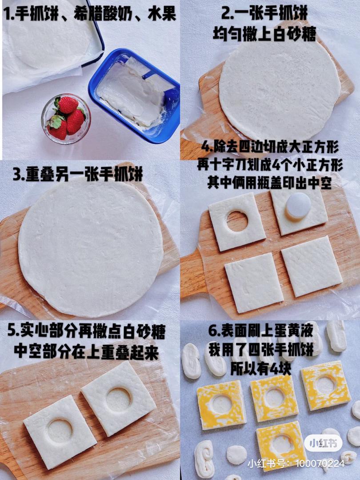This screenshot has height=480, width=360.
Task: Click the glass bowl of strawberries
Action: point(66,119)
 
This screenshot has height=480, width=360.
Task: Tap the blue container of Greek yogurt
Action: point(135,95)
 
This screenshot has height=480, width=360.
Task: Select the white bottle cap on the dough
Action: point(298,205)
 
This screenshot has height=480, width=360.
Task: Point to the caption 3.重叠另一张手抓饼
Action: point(78,174)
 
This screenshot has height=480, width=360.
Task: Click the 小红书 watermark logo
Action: point(323,443)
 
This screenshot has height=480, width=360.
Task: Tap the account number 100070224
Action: point(320,464)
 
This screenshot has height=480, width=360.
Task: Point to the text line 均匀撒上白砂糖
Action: point(264,34)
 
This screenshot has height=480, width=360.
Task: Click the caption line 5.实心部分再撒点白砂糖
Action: point(86,332)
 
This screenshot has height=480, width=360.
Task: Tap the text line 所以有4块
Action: point(261,368)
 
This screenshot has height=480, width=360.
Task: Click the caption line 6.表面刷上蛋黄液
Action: point(261,331)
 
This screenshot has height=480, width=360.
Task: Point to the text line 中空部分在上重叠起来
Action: point(86,352)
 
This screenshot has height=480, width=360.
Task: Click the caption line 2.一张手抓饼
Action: point(264,14)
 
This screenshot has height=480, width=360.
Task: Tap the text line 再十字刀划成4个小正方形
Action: point(270,165)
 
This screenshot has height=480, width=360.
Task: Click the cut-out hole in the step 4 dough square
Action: point(237,221)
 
